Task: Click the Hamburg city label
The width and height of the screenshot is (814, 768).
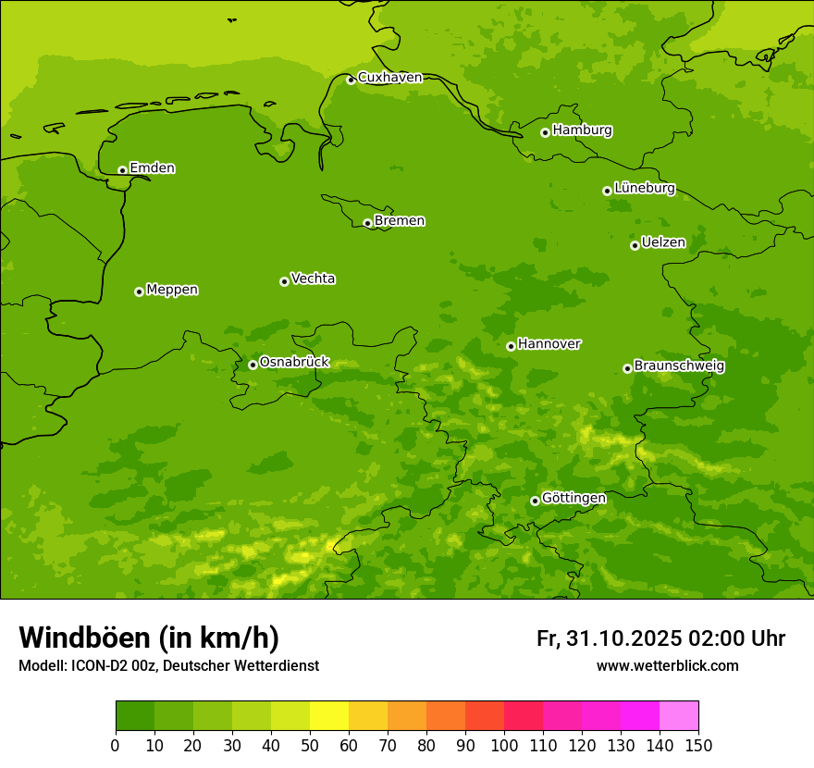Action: [x=582, y=130]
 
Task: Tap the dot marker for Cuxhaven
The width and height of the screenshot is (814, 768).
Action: [x=351, y=80]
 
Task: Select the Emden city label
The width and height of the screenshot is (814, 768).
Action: [x=152, y=168]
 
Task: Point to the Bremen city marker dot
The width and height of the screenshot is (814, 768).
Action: [x=367, y=223]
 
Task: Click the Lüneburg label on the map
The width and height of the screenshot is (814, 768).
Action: [x=644, y=188]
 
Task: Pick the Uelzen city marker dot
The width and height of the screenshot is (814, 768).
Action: [x=635, y=245]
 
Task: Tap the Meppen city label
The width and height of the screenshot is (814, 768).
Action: [x=172, y=290]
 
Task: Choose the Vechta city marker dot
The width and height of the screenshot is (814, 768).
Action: [x=284, y=281]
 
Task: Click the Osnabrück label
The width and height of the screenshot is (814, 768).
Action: [x=294, y=362]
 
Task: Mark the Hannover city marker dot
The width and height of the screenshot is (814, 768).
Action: [x=511, y=346]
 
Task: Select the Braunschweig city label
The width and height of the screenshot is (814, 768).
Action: [x=679, y=365]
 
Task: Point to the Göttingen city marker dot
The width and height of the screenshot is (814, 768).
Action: [x=535, y=501]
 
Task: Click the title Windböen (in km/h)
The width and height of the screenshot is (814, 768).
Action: [x=149, y=638]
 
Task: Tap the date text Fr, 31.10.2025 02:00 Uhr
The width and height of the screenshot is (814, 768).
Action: [x=660, y=638]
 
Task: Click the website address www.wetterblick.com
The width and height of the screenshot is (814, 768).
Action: [x=667, y=665]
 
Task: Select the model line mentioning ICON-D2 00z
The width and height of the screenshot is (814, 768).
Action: [x=168, y=665]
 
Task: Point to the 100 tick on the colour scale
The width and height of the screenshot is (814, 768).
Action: [x=504, y=745]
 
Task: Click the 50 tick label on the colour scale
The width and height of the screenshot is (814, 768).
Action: [x=310, y=745]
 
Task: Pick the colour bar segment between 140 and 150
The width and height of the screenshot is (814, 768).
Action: [x=679, y=716]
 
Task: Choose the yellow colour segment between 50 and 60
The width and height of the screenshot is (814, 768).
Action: [x=329, y=716]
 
